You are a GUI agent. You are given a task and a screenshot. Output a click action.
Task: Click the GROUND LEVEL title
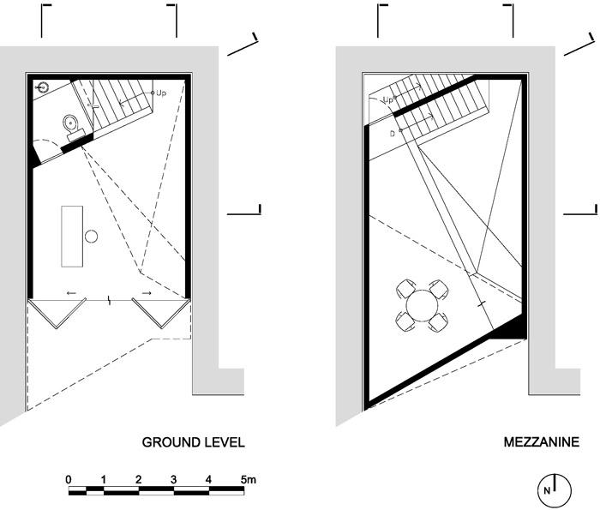pyautogui.click(x=193, y=442)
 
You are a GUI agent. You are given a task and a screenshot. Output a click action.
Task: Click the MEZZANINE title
pyautogui.click(x=541, y=442)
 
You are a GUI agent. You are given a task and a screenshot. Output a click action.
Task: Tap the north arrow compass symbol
pyautogui.click(x=555, y=490)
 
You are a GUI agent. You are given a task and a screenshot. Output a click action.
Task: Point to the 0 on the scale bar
pyautogui.click(x=69, y=479)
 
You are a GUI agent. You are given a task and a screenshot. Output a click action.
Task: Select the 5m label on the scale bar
pyautogui.click(x=249, y=479)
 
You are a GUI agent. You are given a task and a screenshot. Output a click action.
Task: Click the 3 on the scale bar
pyautogui.click(x=174, y=479)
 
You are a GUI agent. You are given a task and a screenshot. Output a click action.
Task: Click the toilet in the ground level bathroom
pyautogui.click(x=73, y=125)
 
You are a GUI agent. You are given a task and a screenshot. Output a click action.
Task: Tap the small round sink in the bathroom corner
pyautogui.click(x=43, y=87)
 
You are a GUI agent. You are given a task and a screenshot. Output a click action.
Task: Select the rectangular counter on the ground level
pyautogui.click(x=72, y=236)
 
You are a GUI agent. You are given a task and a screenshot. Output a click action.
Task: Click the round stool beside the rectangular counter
pyautogui.click(x=91, y=237)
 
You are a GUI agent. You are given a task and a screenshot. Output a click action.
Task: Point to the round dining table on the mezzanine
pyautogui.click(x=422, y=305)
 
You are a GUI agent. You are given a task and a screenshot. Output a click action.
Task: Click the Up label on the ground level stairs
pyautogui.click(x=161, y=93)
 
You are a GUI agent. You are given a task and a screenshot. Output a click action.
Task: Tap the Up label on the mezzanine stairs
pyautogui.click(x=388, y=100)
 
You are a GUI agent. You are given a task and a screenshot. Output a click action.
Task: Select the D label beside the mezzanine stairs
pyautogui.click(x=393, y=134)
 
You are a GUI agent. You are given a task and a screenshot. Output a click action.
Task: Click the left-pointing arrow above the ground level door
pyautogui.click(x=71, y=293)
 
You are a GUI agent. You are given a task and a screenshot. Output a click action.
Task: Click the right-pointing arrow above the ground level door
pyautogui.click(x=147, y=293)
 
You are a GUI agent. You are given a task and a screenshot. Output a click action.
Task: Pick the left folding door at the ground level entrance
pyautogui.click(x=57, y=313)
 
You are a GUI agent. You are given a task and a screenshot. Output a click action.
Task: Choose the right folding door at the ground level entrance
pyautogui.click(x=161, y=313)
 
